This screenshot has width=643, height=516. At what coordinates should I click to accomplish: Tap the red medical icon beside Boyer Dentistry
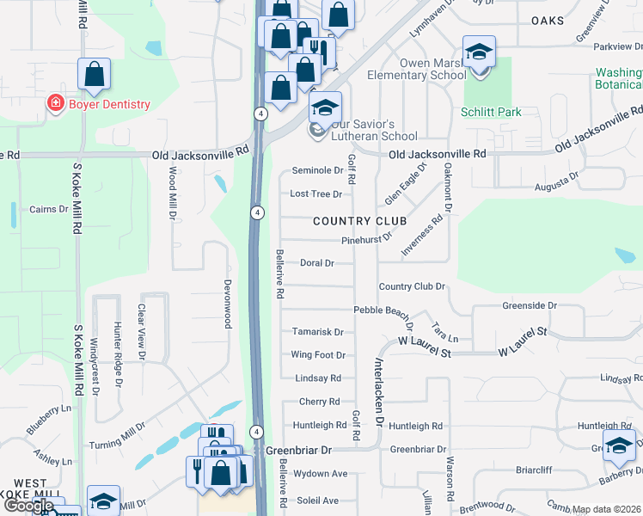click(55, 104)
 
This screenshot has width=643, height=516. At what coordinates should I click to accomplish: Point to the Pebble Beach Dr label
click(383, 310)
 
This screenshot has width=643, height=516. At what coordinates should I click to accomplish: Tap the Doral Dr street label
click(317, 263)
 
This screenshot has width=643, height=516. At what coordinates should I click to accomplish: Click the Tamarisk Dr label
click(317, 332)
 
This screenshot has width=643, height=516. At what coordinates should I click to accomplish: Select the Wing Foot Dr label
click(317, 355)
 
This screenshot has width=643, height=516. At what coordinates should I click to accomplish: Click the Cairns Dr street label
click(48, 209)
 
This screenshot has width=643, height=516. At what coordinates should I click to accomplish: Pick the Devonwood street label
click(228, 303)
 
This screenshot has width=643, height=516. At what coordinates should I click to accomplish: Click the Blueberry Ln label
click(49, 419)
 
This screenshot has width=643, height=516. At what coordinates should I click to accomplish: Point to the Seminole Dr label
click(317, 170)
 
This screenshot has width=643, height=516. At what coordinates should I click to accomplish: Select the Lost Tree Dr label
click(315, 194)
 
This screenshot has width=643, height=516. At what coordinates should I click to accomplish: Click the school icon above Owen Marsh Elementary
click(479, 54)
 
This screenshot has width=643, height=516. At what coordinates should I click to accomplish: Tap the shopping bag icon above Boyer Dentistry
click(94, 75)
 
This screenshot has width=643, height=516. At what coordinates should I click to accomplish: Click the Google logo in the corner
click(28, 506)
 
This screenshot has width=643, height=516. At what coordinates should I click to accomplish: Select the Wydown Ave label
click(320, 474)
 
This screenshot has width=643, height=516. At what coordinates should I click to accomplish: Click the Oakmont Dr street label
click(448, 191)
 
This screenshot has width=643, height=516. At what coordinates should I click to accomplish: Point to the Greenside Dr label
click(530, 305)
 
